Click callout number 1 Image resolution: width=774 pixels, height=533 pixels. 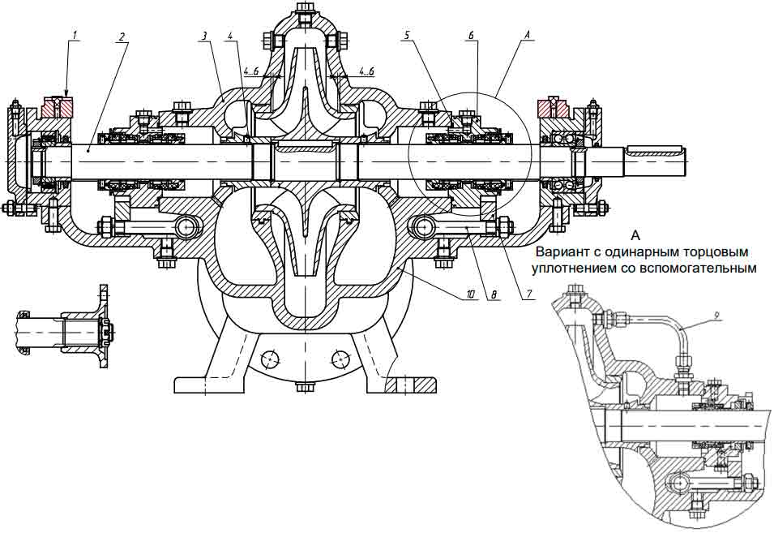(75, 35)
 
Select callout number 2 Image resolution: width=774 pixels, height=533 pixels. (122, 37)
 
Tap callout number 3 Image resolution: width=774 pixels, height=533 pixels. (203, 36)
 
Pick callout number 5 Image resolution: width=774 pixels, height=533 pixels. (407, 36)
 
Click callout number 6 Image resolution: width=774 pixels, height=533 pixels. (471, 36)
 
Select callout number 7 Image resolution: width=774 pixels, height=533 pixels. (528, 294)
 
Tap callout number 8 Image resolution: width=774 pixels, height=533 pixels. (494, 294)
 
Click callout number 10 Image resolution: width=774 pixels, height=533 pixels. (470, 294)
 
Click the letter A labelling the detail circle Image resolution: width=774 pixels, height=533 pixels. (527, 35)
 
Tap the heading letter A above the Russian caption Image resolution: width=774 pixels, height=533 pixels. (635, 234)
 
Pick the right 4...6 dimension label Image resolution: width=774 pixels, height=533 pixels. (366, 71)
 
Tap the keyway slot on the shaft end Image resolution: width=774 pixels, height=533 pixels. (655, 148)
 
